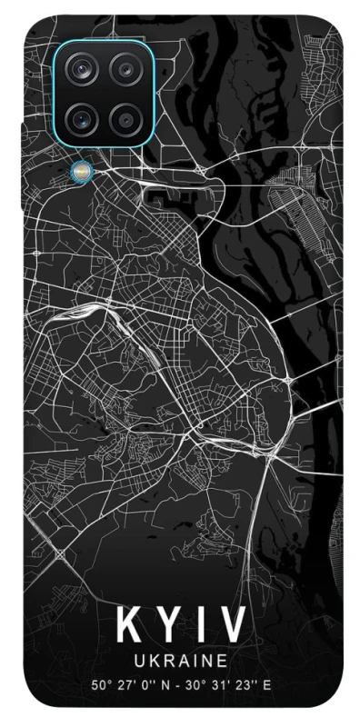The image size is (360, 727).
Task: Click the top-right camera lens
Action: tap(124, 69)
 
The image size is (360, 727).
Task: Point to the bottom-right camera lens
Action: tap(124, 115)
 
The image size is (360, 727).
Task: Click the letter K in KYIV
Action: tap(128, 627)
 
